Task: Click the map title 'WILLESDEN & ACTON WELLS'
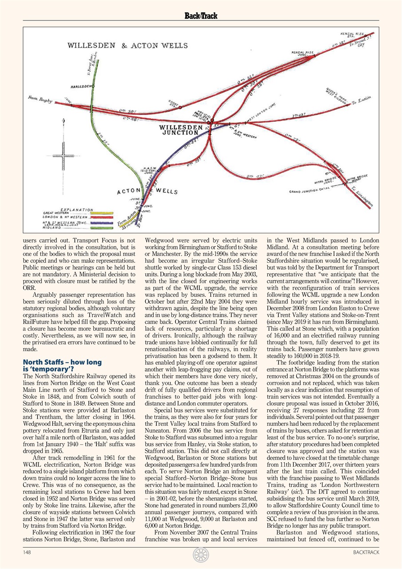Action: (127, 46)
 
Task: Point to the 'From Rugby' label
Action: (40, 99)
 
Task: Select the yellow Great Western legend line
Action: (102, 213)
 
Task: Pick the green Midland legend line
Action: (102, 228)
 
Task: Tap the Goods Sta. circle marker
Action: (180, 107)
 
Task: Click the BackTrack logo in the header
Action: (201, 16)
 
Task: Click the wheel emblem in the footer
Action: (201, 554)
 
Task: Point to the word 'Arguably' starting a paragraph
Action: (46, 294)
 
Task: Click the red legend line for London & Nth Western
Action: (102, 218)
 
